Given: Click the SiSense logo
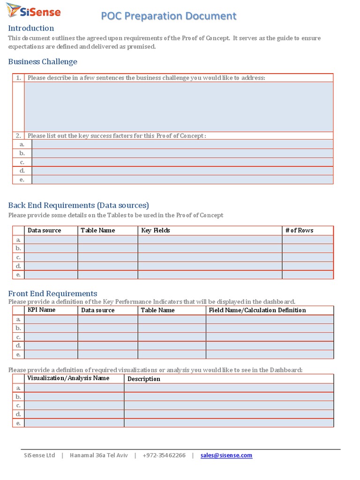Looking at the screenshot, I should (34, 11).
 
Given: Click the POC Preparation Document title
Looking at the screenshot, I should (169, 16).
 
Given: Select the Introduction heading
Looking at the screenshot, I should (31, 28).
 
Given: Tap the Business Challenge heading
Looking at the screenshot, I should (43, 62).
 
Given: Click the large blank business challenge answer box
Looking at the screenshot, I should (179, 106).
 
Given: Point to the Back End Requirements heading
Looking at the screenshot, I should (78, 205).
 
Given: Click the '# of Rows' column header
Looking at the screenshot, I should (299, 230).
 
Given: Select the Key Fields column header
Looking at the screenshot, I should (156, 230).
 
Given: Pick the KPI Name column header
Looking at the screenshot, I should (41, 310).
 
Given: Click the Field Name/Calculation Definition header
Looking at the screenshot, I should (257, 310).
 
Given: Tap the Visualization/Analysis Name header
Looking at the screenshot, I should (68, 378).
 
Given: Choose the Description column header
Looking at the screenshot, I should (144, 379).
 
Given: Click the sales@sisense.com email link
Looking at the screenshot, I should (226, 455).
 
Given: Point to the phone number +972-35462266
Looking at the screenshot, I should (164, 455).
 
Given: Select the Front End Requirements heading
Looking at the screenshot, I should (52, 294).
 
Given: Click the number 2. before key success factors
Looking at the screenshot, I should (18, 135).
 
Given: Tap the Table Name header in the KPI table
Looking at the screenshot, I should (157, 310).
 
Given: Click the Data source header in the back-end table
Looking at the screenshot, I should (45, 230).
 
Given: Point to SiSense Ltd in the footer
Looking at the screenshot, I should (39, 455).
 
